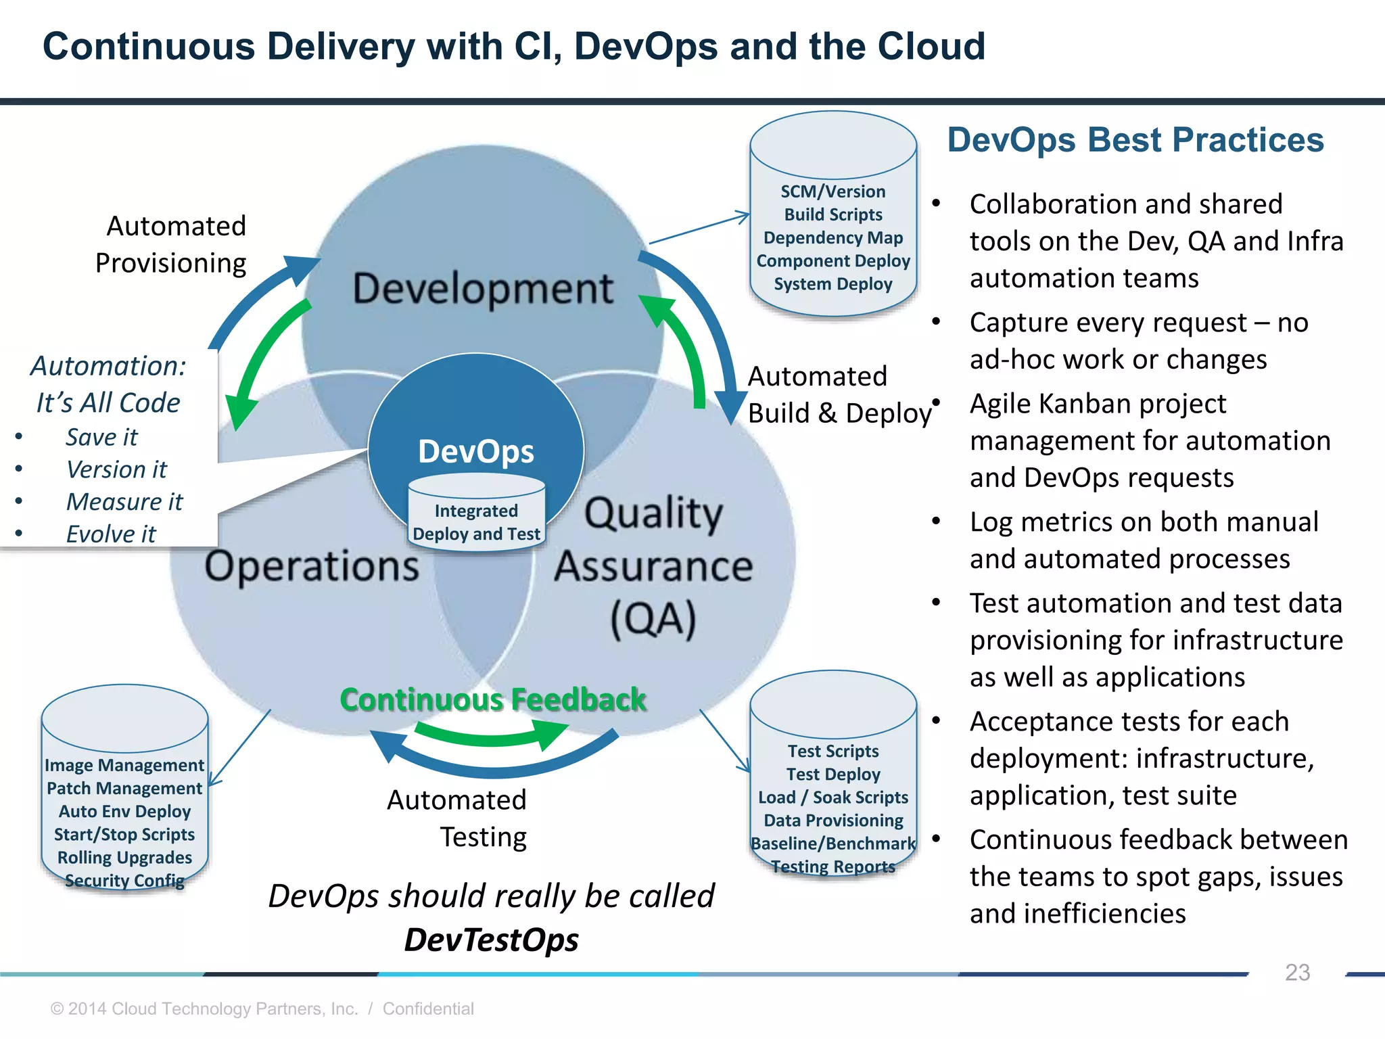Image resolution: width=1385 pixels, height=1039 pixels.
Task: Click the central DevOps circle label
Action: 475,451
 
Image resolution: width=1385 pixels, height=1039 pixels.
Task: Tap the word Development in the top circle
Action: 483,288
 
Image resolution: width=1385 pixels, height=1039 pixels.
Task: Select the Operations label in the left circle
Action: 312,565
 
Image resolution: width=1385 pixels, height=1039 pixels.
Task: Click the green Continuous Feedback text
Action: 493,699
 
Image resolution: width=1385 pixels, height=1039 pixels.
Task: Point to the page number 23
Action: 1297,972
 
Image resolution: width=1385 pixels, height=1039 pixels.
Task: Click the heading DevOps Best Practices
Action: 1135,140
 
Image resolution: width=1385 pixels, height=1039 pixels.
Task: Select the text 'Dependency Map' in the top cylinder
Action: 833,238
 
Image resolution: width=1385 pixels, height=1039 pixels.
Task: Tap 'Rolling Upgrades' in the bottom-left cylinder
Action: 124,858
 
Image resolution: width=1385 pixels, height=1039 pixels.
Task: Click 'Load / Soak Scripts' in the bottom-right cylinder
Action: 833,798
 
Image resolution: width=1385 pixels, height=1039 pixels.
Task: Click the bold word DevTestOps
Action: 491,940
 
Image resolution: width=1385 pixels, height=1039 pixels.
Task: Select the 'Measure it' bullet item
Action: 124,502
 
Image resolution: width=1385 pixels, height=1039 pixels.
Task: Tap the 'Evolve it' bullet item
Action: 111,534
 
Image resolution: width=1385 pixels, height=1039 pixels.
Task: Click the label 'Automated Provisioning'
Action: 172,244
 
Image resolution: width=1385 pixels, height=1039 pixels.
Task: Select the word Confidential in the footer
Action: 428,1009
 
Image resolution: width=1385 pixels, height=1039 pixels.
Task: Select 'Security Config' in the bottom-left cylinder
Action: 124,881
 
